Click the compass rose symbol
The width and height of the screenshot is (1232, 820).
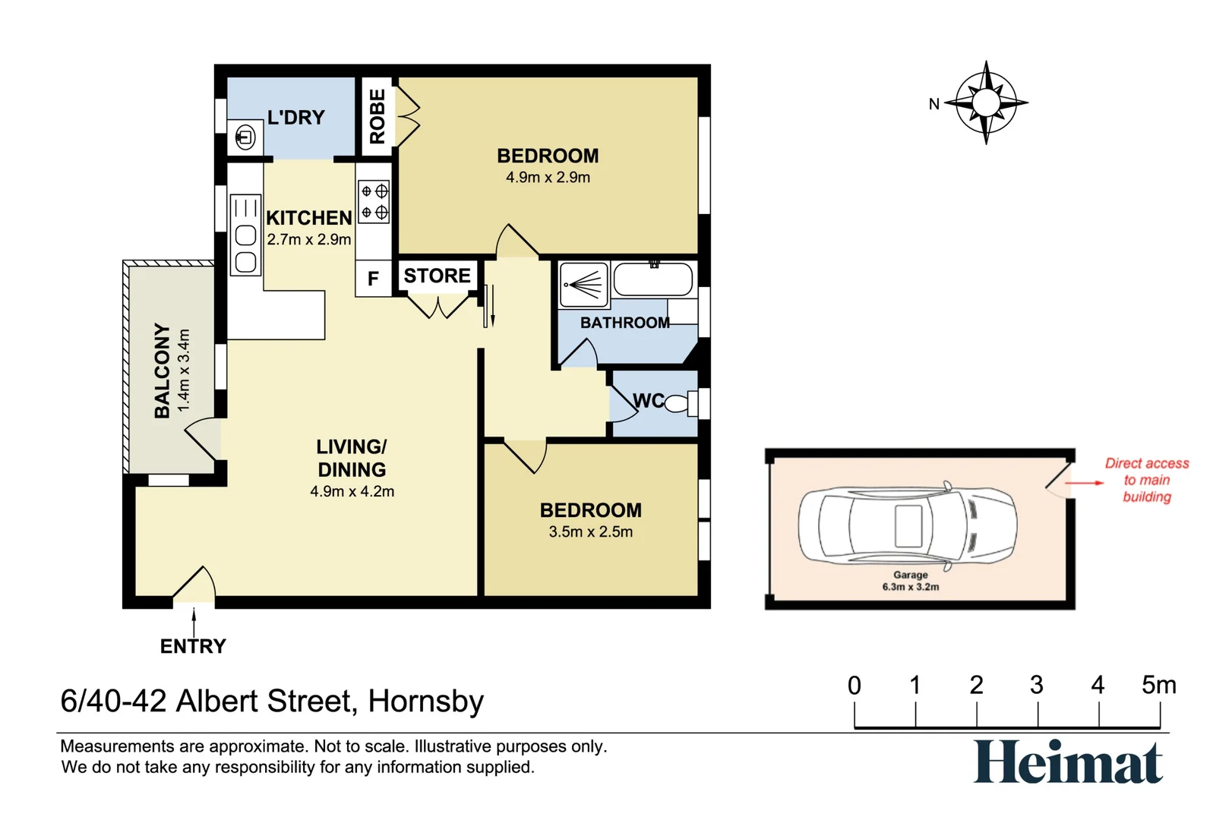click(987, 102)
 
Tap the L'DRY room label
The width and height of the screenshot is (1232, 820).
click(296, 117)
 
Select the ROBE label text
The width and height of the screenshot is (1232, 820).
click(377, 117)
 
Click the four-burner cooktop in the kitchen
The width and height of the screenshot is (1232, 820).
click(374, 201)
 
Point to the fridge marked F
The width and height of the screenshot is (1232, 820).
click(373, 279)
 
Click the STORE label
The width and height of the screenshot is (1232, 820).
click(438, 276)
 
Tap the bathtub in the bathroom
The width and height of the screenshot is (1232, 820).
click(653, 280)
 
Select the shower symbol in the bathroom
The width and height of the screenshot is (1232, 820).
click(584, 284)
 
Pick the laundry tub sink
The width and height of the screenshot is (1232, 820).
click(245, 137)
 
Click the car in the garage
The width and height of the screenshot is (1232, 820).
click(908, 525)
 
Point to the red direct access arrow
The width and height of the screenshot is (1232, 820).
click(1085, 483)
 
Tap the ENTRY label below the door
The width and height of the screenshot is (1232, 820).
click(193, 646)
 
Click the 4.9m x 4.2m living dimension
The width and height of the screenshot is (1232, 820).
click(352, 491)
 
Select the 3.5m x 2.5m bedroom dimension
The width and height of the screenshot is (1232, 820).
click(591, 531)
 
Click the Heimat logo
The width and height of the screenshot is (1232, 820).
click(1068, 762)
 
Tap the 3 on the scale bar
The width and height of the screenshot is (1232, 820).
click(1037, 686)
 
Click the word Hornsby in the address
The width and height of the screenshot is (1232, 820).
click(425, 702)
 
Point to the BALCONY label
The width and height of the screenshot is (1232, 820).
click(163, 371)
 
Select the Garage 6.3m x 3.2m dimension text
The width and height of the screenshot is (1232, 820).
click(911, 581)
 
